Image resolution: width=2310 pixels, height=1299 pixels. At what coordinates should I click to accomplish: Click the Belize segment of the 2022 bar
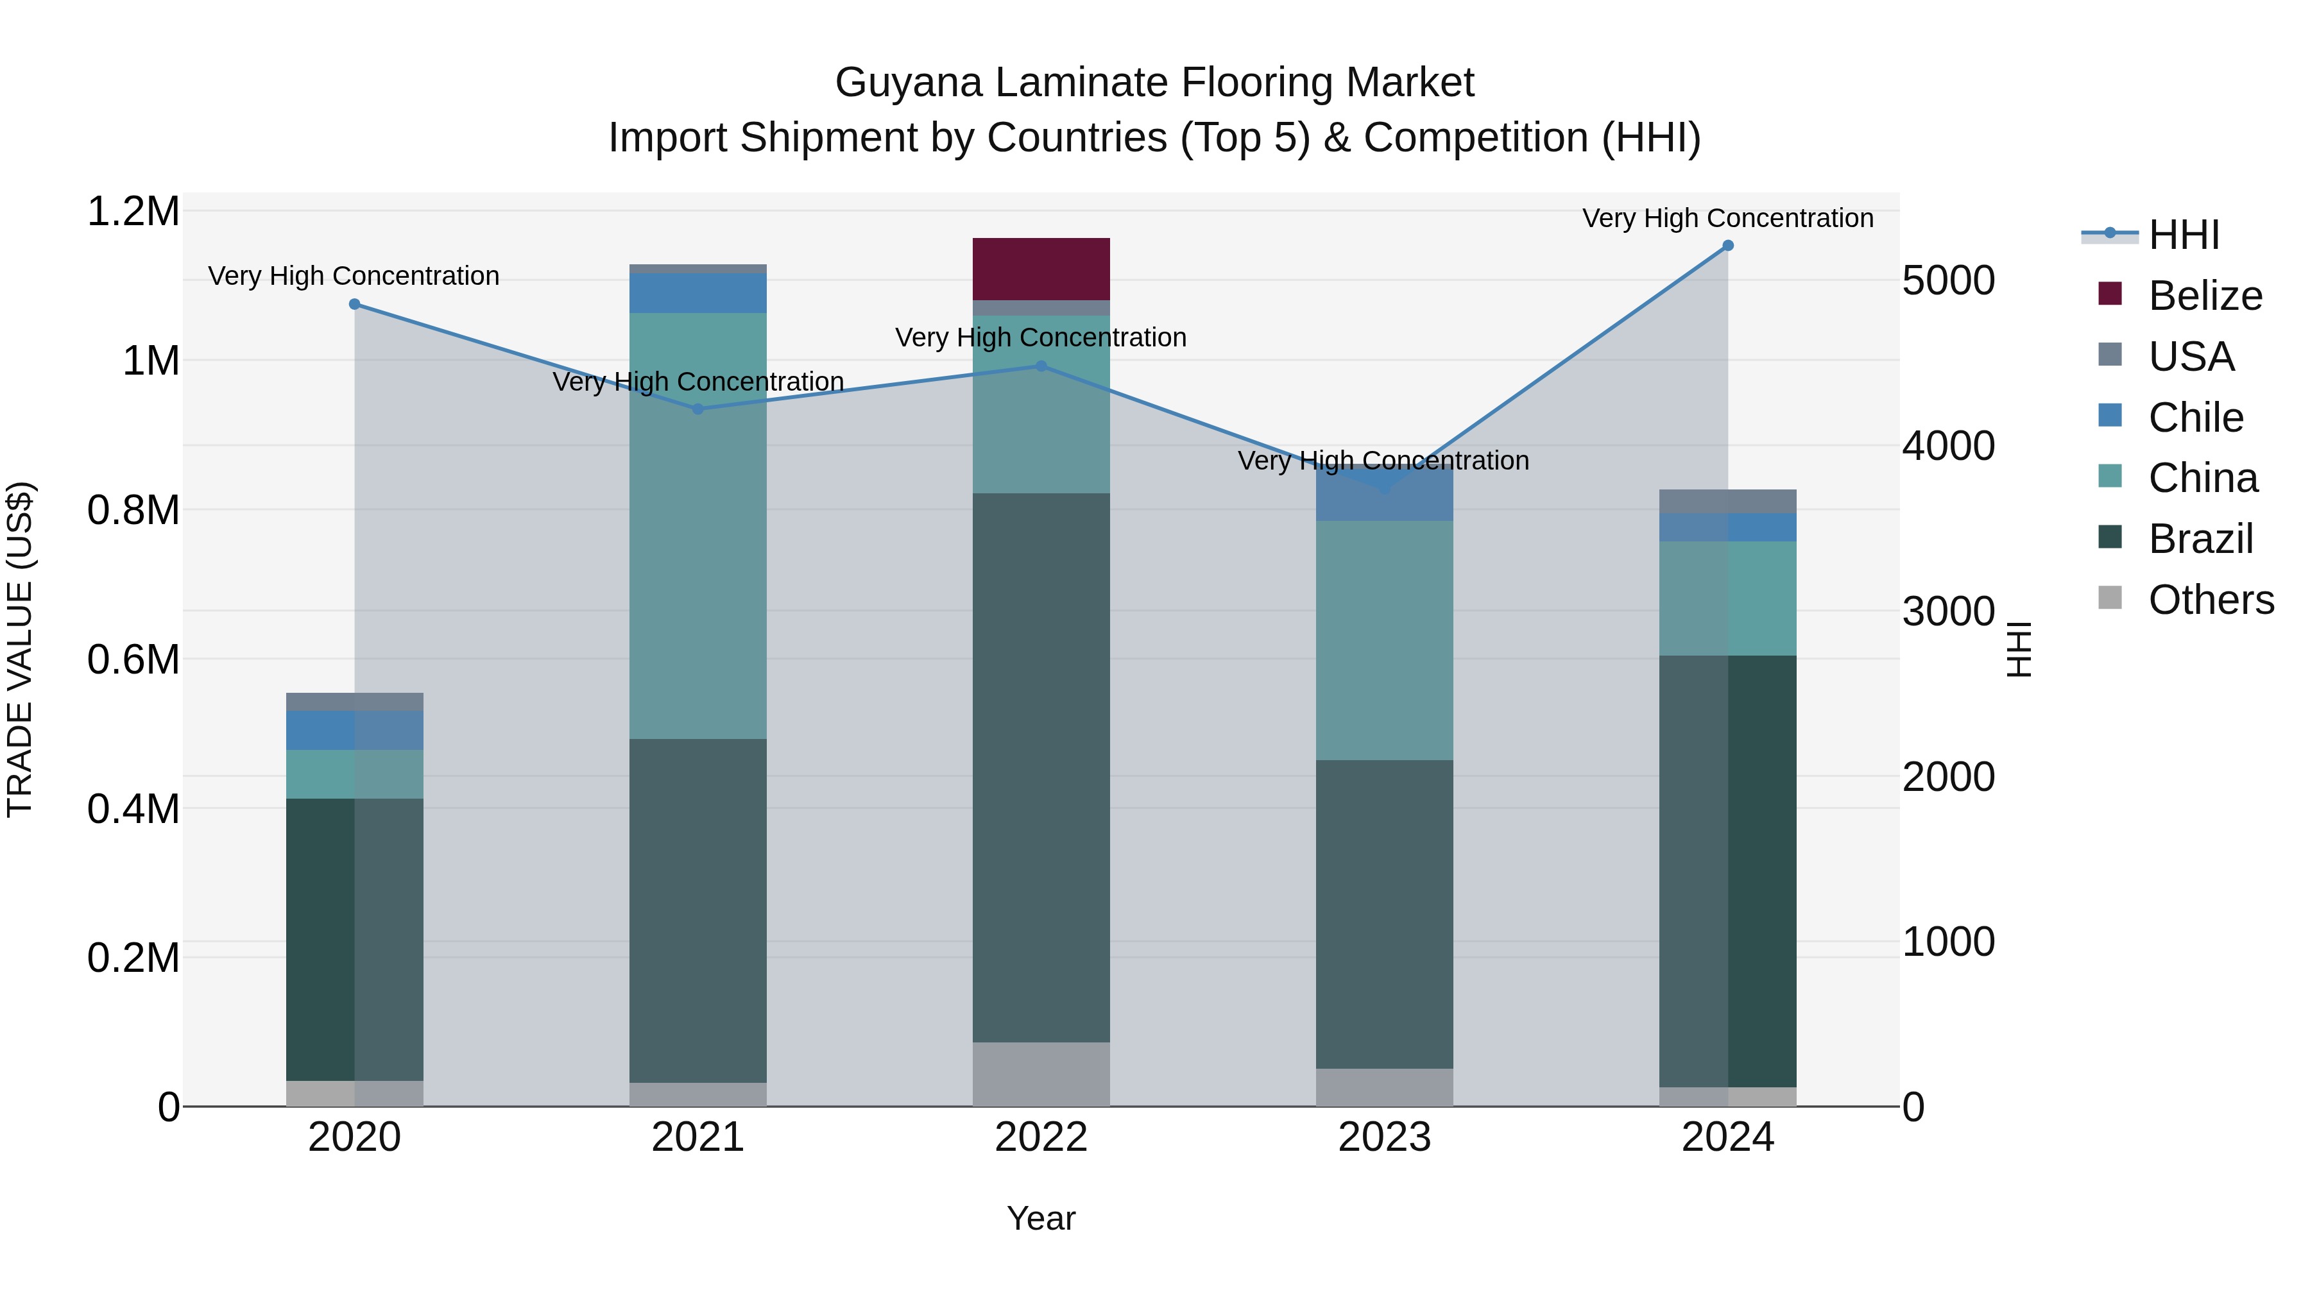pyautogui.click(x=1041, y=268)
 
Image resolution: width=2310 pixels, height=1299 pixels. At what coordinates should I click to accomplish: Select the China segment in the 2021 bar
pyautogui.click(x=697, y=525)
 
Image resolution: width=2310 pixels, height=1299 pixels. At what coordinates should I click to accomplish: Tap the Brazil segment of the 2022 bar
pyautogui.click(x=1041, y=767)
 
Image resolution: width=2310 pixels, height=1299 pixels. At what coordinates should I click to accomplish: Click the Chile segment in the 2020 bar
pyautogui.click(x=354, y=730)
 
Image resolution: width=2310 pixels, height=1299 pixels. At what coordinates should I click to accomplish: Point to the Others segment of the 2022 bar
pyautogui.click(x=1041, y=1073)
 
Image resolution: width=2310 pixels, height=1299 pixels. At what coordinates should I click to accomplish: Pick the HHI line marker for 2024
pyautogui.click(x=1728, y=246)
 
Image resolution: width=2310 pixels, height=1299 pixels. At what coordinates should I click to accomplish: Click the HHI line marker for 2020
pyautogui.click(x=354, y=304)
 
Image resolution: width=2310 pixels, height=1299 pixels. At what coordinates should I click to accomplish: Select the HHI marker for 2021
pyautogui.click(x=697, y=409)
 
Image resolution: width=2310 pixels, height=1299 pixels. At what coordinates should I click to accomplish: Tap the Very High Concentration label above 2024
pyautogui.click(x=1727, y=218)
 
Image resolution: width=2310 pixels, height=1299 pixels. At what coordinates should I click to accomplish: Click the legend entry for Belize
pyautogui.click(x=2204, y=296)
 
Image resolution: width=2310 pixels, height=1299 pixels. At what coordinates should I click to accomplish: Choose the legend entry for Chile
pyautogui.click(x=2195, y=418)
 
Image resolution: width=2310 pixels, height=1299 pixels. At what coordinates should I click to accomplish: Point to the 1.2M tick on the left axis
pyautogui.click(x=133, y=212)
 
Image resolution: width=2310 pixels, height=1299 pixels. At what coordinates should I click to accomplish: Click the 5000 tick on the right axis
pyautogui.click(x=1947, y=280)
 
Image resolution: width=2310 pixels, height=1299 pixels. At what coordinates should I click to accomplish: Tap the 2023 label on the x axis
pyautogui.click(x=1383, y=1137)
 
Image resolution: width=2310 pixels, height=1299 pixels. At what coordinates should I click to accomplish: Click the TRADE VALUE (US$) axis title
pyautogui.click(x=20, y=649)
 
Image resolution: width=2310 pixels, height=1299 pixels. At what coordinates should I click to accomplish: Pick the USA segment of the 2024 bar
pyautogui.click(x=1728, y=501)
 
